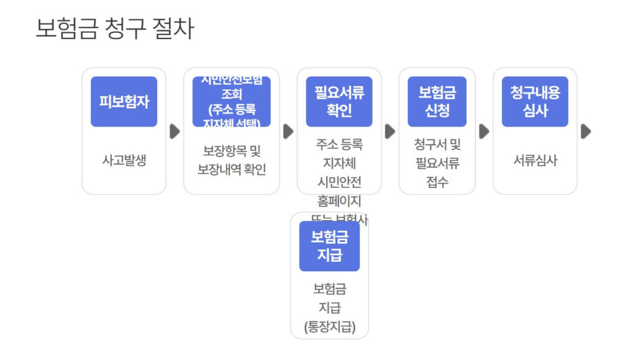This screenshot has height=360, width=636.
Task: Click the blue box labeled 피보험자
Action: (x=124, y=102)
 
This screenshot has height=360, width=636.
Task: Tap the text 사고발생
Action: (x=124, y=160)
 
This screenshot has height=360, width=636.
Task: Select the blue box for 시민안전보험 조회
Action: (x=231, y=102)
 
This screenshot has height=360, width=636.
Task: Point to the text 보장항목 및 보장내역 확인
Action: (x=231, y=160)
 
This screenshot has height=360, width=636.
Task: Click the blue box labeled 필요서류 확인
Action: (x=338, y=102)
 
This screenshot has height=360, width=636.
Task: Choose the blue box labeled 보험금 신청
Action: (x=437, y=102)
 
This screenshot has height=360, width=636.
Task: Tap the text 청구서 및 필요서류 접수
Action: (x=437, y=163)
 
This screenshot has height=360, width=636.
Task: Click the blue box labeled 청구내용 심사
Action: (x=535, y=102)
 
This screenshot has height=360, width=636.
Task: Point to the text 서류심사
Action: (x=535, y=160)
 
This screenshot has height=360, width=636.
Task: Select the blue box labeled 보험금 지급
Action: (x=329, y=246)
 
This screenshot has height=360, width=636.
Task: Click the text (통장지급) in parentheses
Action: (x=329, y=327)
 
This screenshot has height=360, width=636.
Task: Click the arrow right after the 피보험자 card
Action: (x=175, y=132)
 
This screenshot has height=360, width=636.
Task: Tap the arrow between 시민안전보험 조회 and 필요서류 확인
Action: (x=288, y=132)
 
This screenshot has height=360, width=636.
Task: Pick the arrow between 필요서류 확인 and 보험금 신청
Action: (x=389, y=132)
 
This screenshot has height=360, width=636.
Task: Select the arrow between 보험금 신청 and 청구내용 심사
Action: (x=484, y=132)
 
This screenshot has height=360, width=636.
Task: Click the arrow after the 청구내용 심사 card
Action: (x=586, y=132)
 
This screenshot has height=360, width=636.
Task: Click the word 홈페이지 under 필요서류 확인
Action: (x=338, y=201)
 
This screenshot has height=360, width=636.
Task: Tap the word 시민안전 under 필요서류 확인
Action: (x=338, y=182)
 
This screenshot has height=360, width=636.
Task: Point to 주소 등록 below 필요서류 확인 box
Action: (x=338, y=145)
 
